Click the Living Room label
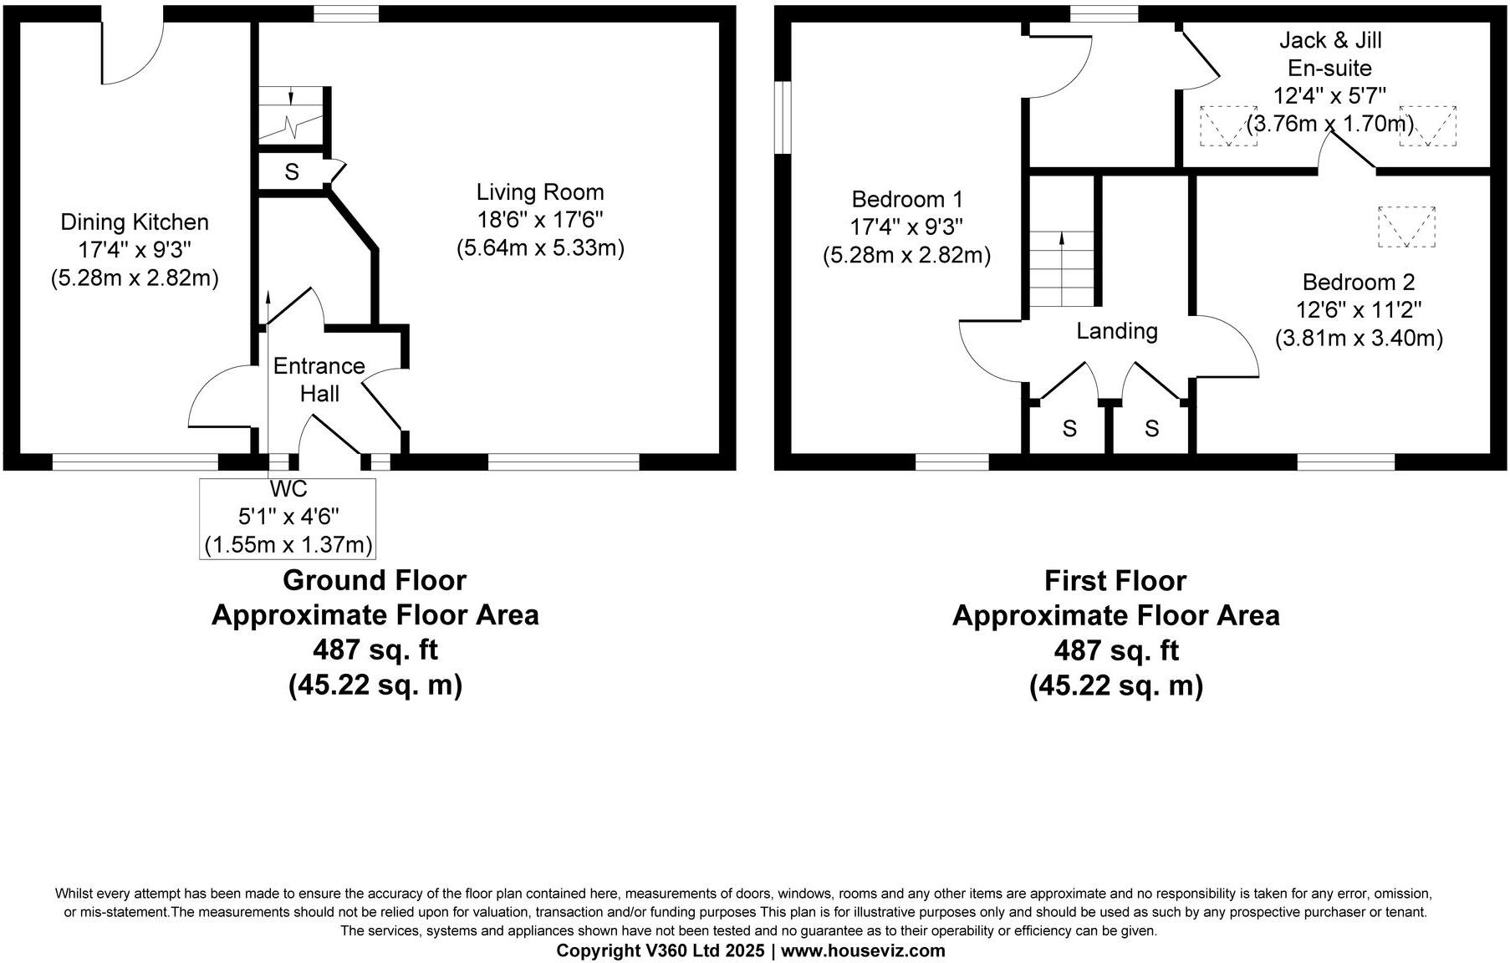tap(540, 192)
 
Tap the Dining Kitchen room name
tap(135, 222)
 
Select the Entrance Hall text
tap(319, 380)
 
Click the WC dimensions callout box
tap(288, 518)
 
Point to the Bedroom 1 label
tap(907, 200)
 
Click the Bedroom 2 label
tap(1359, 283)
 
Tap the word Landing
tap(1116, 332)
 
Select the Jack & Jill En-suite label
tap(1329, 53)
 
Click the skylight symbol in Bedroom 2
tap(1405, 227)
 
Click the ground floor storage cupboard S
tap(292, 172)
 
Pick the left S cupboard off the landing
tap(1069, 429)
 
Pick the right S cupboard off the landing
tap(1151, 429)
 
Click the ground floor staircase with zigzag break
tap(289, 115)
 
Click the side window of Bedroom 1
tap(782, 117)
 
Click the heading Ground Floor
tap(374, 580)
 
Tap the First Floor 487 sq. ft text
tap(1115, 650)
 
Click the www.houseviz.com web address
tap(863, 950)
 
